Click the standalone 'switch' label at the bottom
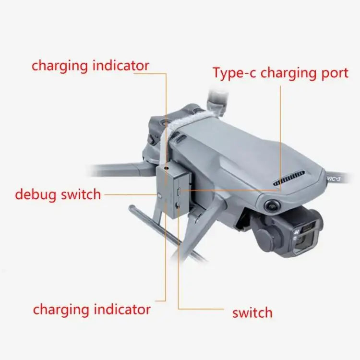point(252,313)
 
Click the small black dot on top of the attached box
point(166,169)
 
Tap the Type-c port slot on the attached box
point(180,191)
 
